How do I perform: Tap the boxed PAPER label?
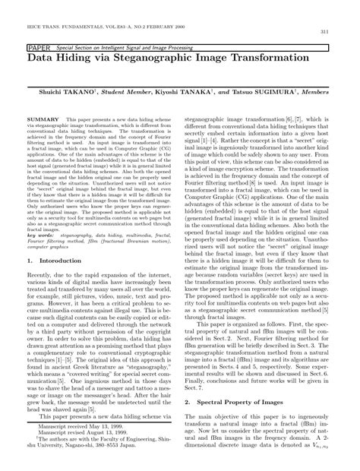(x=38, y=46)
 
